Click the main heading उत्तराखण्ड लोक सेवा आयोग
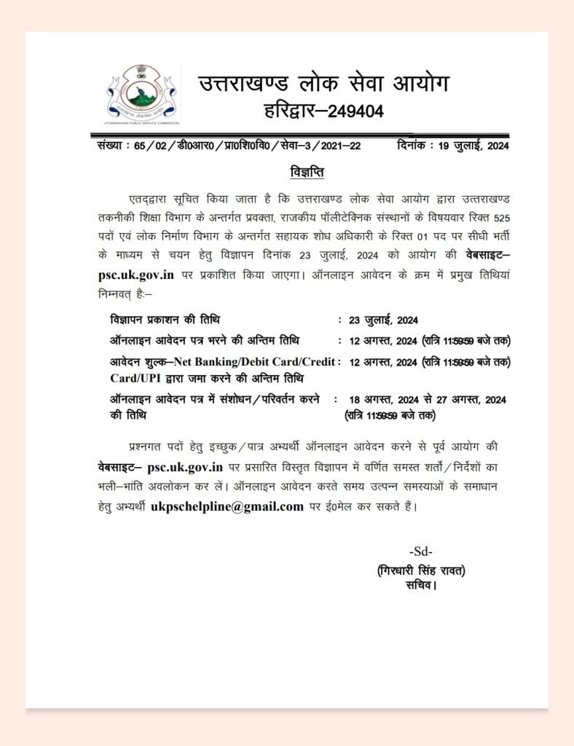coord(323,84)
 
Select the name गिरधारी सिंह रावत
coord(421,570)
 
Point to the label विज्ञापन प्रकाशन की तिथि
coord(165,320)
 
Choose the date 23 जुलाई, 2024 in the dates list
coord(384,321)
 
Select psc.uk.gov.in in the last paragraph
coord(184,466)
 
